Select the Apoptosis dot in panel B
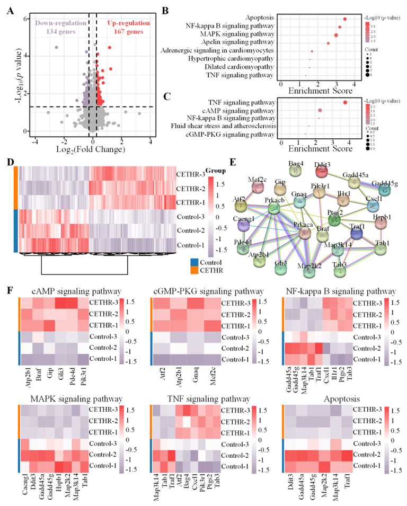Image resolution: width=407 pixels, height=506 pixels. [345, 19]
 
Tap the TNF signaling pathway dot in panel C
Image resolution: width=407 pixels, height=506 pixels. [345, 102]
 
